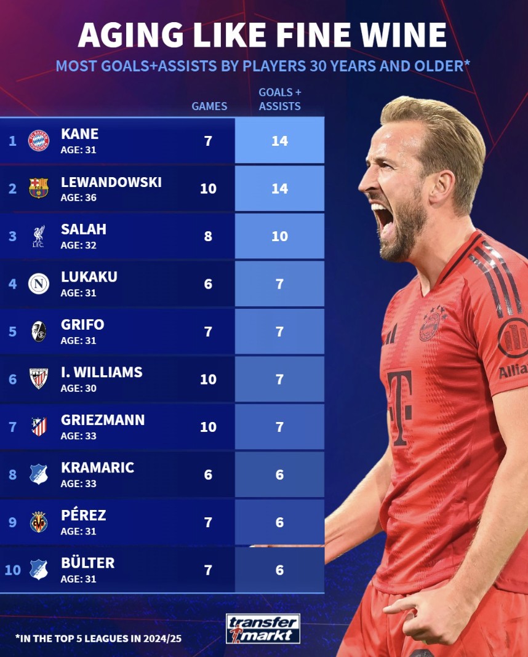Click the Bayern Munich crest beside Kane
pos(39,141)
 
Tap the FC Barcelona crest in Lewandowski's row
pos(39,188)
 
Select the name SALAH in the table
pos(84,229)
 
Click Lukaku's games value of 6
pos(208,284)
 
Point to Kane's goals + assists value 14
pos(279,141)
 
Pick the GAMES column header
pos(209,106)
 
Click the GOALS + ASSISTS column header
pos(279,99)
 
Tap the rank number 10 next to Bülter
pos(13,570)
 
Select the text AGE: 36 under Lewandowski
pos(78,198)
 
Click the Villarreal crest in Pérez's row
pos(39,522)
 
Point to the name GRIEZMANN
pos(103,420)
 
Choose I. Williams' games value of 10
pos(208,379)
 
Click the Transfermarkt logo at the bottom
pos(263,628)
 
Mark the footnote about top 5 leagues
pos(98,639)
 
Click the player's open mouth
pos(382,218)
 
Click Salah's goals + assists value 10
pos(279,236)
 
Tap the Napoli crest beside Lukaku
pos(39,284)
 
